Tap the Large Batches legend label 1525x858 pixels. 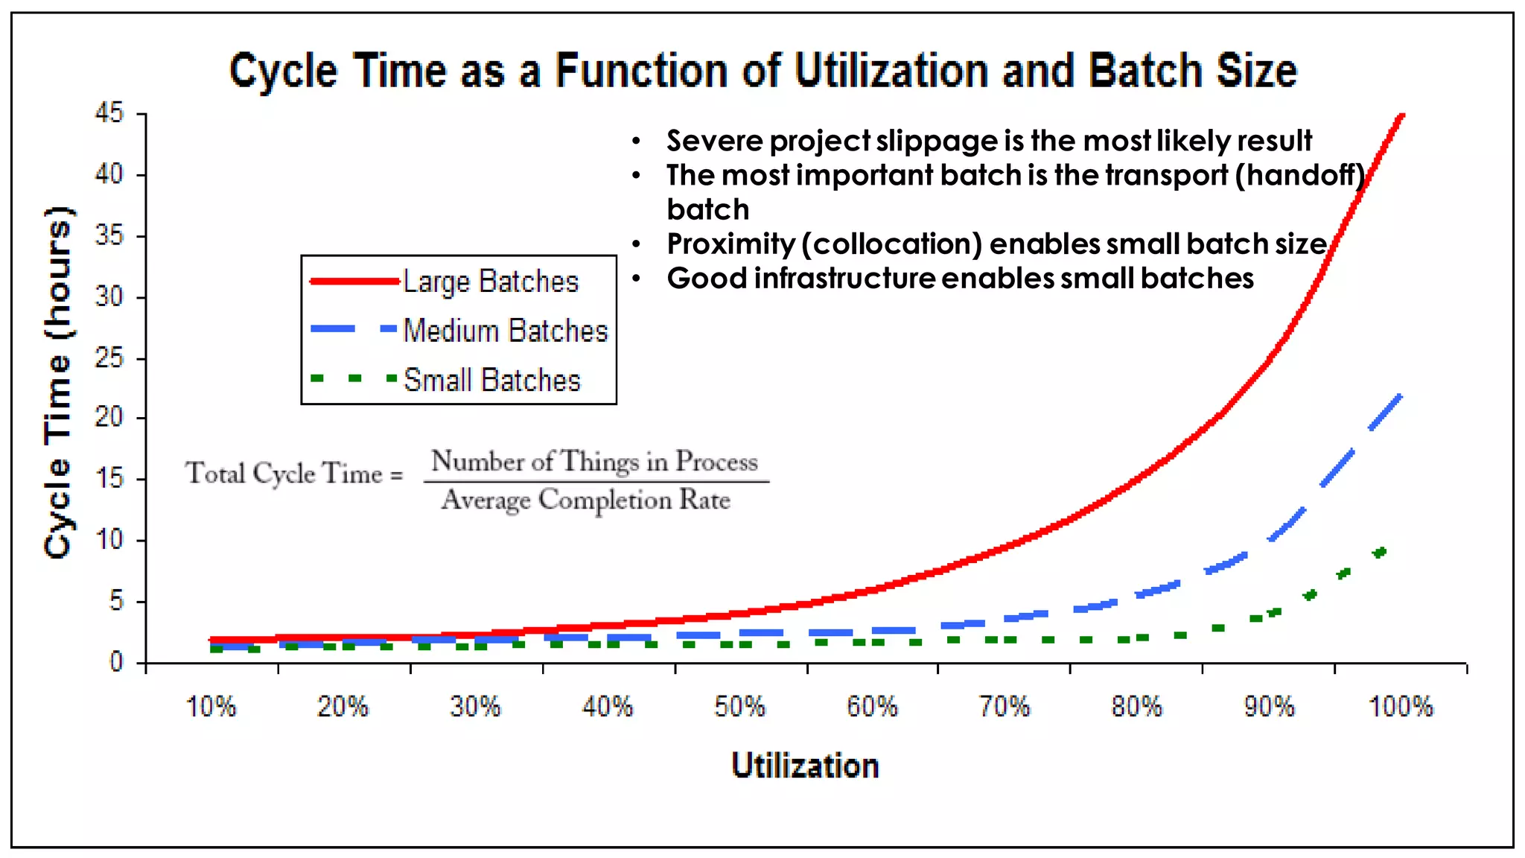click(x=491, y=282)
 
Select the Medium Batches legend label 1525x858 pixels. click(x=506, y=331)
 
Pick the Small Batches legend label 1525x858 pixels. click(x=491, y=380)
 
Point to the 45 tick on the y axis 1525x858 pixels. click(x=109, y=113)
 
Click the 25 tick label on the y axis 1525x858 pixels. click(x=109, y=358)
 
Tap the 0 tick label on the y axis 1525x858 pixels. click(x=116, y=661)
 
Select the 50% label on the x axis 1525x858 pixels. click(x=739, y=706)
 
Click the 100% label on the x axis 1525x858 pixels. click(x=1400, y=706)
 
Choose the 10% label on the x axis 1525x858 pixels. click(x=211, y=706)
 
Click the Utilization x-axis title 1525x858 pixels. click(x=805, y=766)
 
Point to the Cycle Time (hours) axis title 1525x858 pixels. click(x=58, y=381)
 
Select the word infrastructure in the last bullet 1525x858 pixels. click(x=844, y=278)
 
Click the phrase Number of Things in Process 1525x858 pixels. click(x=594, y=461)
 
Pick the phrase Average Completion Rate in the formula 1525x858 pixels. click(x=586, y=500)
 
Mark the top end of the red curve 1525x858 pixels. click(x=1401, y=116)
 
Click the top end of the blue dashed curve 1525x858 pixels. click(x=1400, y=396)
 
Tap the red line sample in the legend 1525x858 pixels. click(x=354, y=282)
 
